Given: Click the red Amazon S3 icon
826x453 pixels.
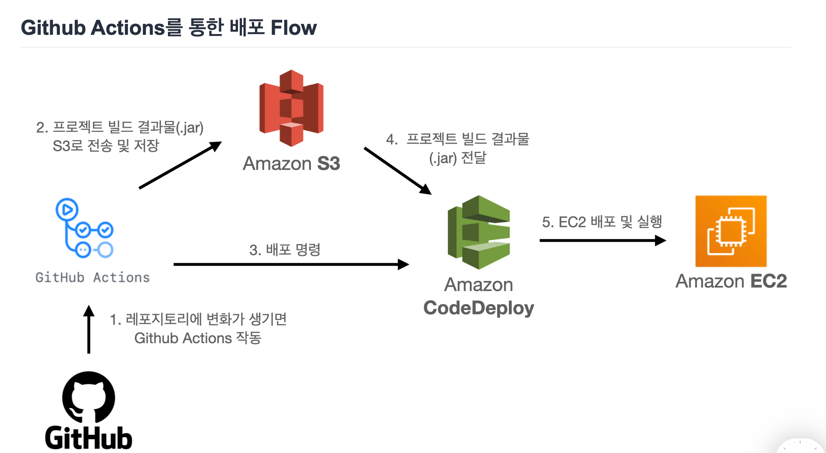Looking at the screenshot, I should [291, 108].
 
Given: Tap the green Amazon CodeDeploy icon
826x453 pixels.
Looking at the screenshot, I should [478, 232].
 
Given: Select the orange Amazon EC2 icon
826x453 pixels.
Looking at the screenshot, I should [730, 231].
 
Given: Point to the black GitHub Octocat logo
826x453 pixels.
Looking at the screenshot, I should [88, 397].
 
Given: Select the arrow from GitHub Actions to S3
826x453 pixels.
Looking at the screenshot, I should [180, 165].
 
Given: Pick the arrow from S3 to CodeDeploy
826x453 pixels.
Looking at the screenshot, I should [397, 171].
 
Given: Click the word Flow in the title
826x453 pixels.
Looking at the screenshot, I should [293, 28].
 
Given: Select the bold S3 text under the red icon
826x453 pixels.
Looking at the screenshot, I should [328, 164].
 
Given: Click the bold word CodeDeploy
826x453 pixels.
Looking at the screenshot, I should [478, 308].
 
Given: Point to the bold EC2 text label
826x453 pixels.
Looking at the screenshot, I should [768, 281].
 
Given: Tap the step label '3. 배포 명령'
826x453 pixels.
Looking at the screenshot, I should [285, 250].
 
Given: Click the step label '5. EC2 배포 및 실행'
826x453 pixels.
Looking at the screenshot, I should [602, 222].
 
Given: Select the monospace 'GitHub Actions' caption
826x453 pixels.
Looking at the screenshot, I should [92, 277].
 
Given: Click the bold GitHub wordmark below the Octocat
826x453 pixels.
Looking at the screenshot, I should [88, 438].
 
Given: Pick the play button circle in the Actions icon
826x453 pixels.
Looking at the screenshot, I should [67, 210].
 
